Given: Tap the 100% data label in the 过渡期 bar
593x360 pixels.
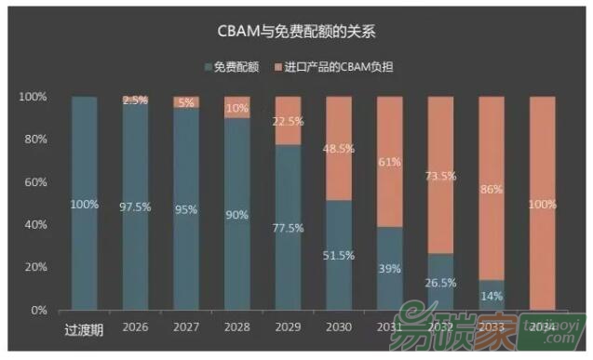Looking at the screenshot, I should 84,204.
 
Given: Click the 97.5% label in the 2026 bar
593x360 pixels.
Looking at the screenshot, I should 135,206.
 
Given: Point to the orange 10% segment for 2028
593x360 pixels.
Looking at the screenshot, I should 236,107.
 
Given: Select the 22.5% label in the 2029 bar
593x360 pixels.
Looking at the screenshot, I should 288,121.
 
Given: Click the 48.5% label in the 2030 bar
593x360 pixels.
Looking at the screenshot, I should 339,148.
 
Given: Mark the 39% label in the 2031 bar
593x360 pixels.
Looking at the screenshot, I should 389,268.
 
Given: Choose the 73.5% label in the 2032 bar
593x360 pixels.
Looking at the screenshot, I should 440,175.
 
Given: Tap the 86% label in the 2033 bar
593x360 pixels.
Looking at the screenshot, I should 491,188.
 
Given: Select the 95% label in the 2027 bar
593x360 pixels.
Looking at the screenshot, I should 186,208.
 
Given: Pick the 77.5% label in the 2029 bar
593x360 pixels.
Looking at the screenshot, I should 288,227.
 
